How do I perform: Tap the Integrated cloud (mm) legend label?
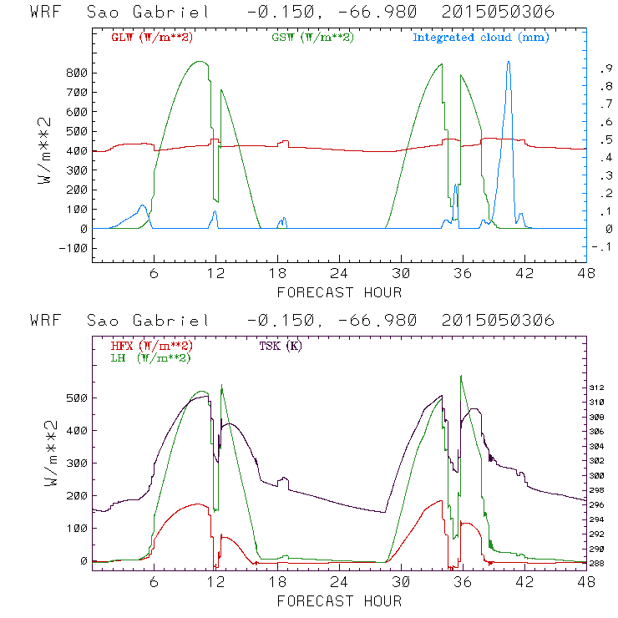481,38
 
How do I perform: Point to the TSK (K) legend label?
280,345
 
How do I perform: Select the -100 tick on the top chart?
73,248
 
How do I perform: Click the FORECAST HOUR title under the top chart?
339,292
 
